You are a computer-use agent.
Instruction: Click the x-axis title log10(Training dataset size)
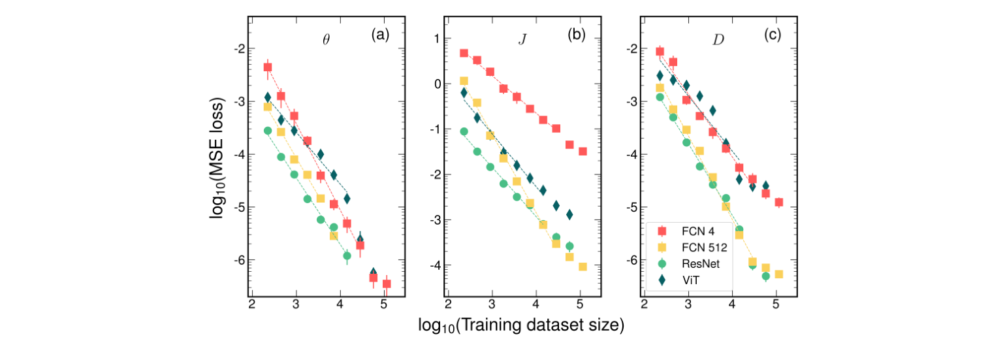pyautogui.click(x=521, y=325)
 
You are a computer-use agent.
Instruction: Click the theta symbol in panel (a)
pyautogui.click(x=326, y=39)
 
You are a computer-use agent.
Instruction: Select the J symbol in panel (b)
pyautogui.click(x=522, y=39)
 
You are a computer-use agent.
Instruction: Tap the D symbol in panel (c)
pyautogui.click(x=718, y=39)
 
